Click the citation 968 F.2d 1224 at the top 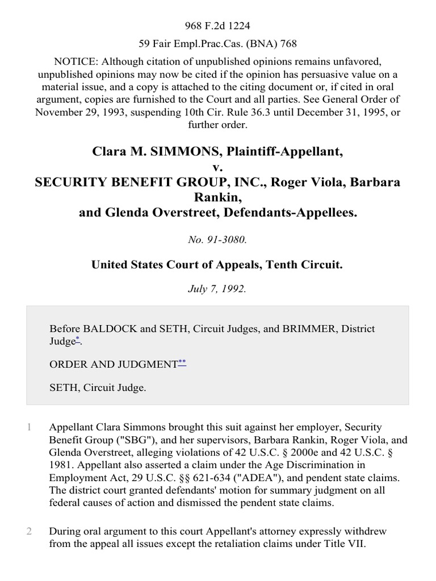tap(218, 10)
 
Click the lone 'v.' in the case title tap(218, 167)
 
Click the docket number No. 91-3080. tap(218, 240)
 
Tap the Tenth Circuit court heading tap(218, 264)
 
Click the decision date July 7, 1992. tap(218, 288)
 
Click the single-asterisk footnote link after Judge tap(78, 339)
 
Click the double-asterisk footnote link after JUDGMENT tap(182, 362)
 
